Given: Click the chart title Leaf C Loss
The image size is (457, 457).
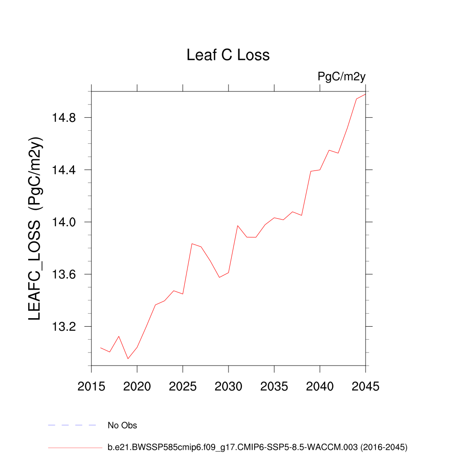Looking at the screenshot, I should click(x=228, y=55).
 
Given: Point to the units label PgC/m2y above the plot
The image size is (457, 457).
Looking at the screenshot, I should click(x=341, y=76).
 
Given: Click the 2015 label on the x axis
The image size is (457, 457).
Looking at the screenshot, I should click(x=91, y=386).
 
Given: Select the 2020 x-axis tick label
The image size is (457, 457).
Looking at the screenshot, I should click(x=137, y=386).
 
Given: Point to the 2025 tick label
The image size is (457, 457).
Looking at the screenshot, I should click(x=183, y=386).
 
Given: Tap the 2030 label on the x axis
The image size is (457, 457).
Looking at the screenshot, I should click(x=228, y=386).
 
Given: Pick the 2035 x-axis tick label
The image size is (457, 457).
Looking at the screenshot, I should click(x=274, y=386).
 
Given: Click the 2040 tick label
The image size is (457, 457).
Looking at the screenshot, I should click(x=320, y=386).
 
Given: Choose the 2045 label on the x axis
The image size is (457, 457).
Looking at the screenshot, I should click(x=366, y=386).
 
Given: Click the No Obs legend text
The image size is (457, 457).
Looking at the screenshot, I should click(x=122, y=425).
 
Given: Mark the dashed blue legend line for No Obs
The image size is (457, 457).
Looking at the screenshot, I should click(x=72, y=425).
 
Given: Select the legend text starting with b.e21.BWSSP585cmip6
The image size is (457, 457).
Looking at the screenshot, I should click(x=258, y=446).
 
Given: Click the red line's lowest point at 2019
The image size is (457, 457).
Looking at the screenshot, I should click(x=128, y=358).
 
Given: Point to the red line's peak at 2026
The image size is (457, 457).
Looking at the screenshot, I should click(x=192, y=244).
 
